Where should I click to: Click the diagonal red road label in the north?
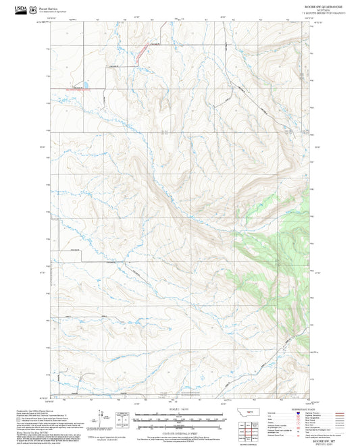[x=143, y=54]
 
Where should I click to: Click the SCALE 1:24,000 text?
[x=180, y=409]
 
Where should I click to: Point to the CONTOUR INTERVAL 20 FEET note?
[x=180, y=431]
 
